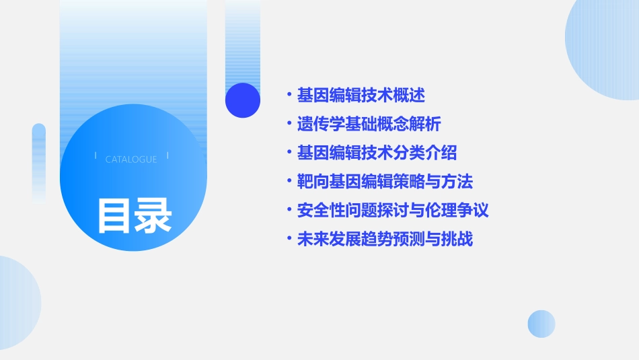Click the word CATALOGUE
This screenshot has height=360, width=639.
pos(131,159)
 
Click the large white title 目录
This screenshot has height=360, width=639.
pos(135,215)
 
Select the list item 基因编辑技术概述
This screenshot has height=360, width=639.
pos(361,95)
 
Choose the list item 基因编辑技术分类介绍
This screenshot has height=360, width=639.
pos(377,153)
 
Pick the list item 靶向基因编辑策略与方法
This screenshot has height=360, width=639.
pos(385,182)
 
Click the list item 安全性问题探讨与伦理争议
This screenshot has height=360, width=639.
pos(393,210)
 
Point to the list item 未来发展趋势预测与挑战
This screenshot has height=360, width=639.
pos(385,239)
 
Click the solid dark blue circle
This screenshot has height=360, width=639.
pos(243,100)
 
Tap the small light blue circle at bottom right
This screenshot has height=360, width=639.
pos(541,324)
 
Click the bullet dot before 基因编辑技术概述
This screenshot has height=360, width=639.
pos(289,95)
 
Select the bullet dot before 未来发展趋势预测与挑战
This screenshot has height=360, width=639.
pos(289,239)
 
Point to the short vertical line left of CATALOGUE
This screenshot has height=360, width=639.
pos(96,156)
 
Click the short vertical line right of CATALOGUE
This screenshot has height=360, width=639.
pos(167,156)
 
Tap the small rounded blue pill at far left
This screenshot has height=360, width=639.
pos(39,161)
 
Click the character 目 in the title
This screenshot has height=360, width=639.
pos(115,215)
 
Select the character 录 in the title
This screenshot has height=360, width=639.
pos(154,215)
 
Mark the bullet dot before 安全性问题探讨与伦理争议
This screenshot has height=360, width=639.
pos(289,210)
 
